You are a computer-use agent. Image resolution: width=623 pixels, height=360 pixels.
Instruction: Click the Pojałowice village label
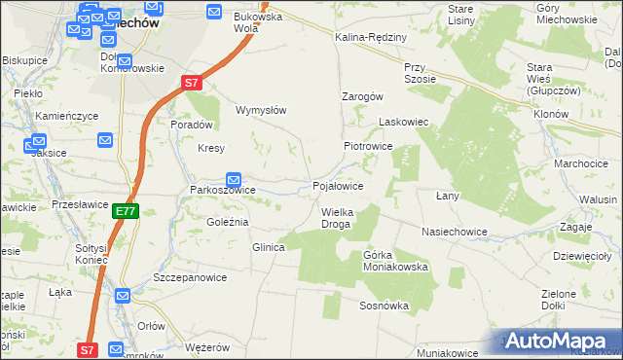pyautogui.click(x=338, y=185)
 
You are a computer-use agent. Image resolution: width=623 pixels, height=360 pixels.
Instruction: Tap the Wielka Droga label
pyautogui.click(x=336, y=218)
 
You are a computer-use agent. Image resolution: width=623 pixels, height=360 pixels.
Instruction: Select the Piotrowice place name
pyautogui.click(x=367, y=145)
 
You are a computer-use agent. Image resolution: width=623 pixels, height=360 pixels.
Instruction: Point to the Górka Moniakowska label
pyautogui.click(x=395, y=261)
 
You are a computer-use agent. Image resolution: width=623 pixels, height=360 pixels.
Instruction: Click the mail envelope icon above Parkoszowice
pyautogui.click(x=234, y=179)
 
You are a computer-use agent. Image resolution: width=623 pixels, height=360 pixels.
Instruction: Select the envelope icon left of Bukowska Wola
pyautogui.click(x=215, y=11)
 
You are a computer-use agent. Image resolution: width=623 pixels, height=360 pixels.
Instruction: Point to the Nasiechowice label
pyautogui.click(x=454, y=232)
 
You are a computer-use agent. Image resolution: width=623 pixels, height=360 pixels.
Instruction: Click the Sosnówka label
pyautogui.click(x=383, y=306)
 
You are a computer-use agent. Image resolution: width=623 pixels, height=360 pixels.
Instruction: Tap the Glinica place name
pyautogui.click(x=269, y=247)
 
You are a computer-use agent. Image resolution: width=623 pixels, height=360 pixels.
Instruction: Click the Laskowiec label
pyautogui.click(x=403, y=123)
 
